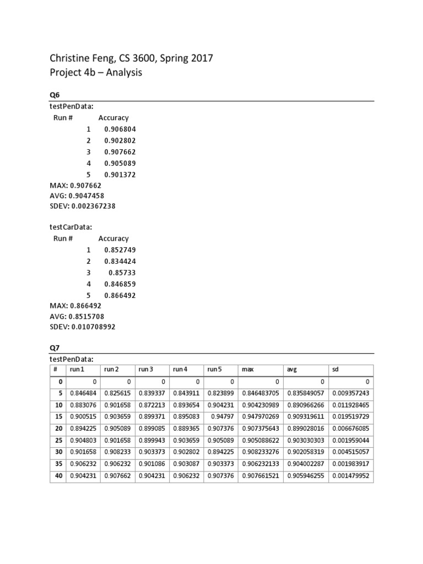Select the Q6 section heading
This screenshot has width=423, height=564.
[x=55, y=95]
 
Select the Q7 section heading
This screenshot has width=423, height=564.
[x=55, y=348]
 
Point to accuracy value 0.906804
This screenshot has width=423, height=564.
[x=120, y=129]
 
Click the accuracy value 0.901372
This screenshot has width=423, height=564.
[x=120, y=175]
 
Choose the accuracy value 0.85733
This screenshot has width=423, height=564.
[x=122, y=273]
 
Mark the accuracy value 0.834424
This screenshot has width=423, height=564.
[x=120, y=261]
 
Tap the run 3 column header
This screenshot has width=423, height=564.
[x=146, y=370]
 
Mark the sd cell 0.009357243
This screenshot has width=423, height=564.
[x=351, y=393]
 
